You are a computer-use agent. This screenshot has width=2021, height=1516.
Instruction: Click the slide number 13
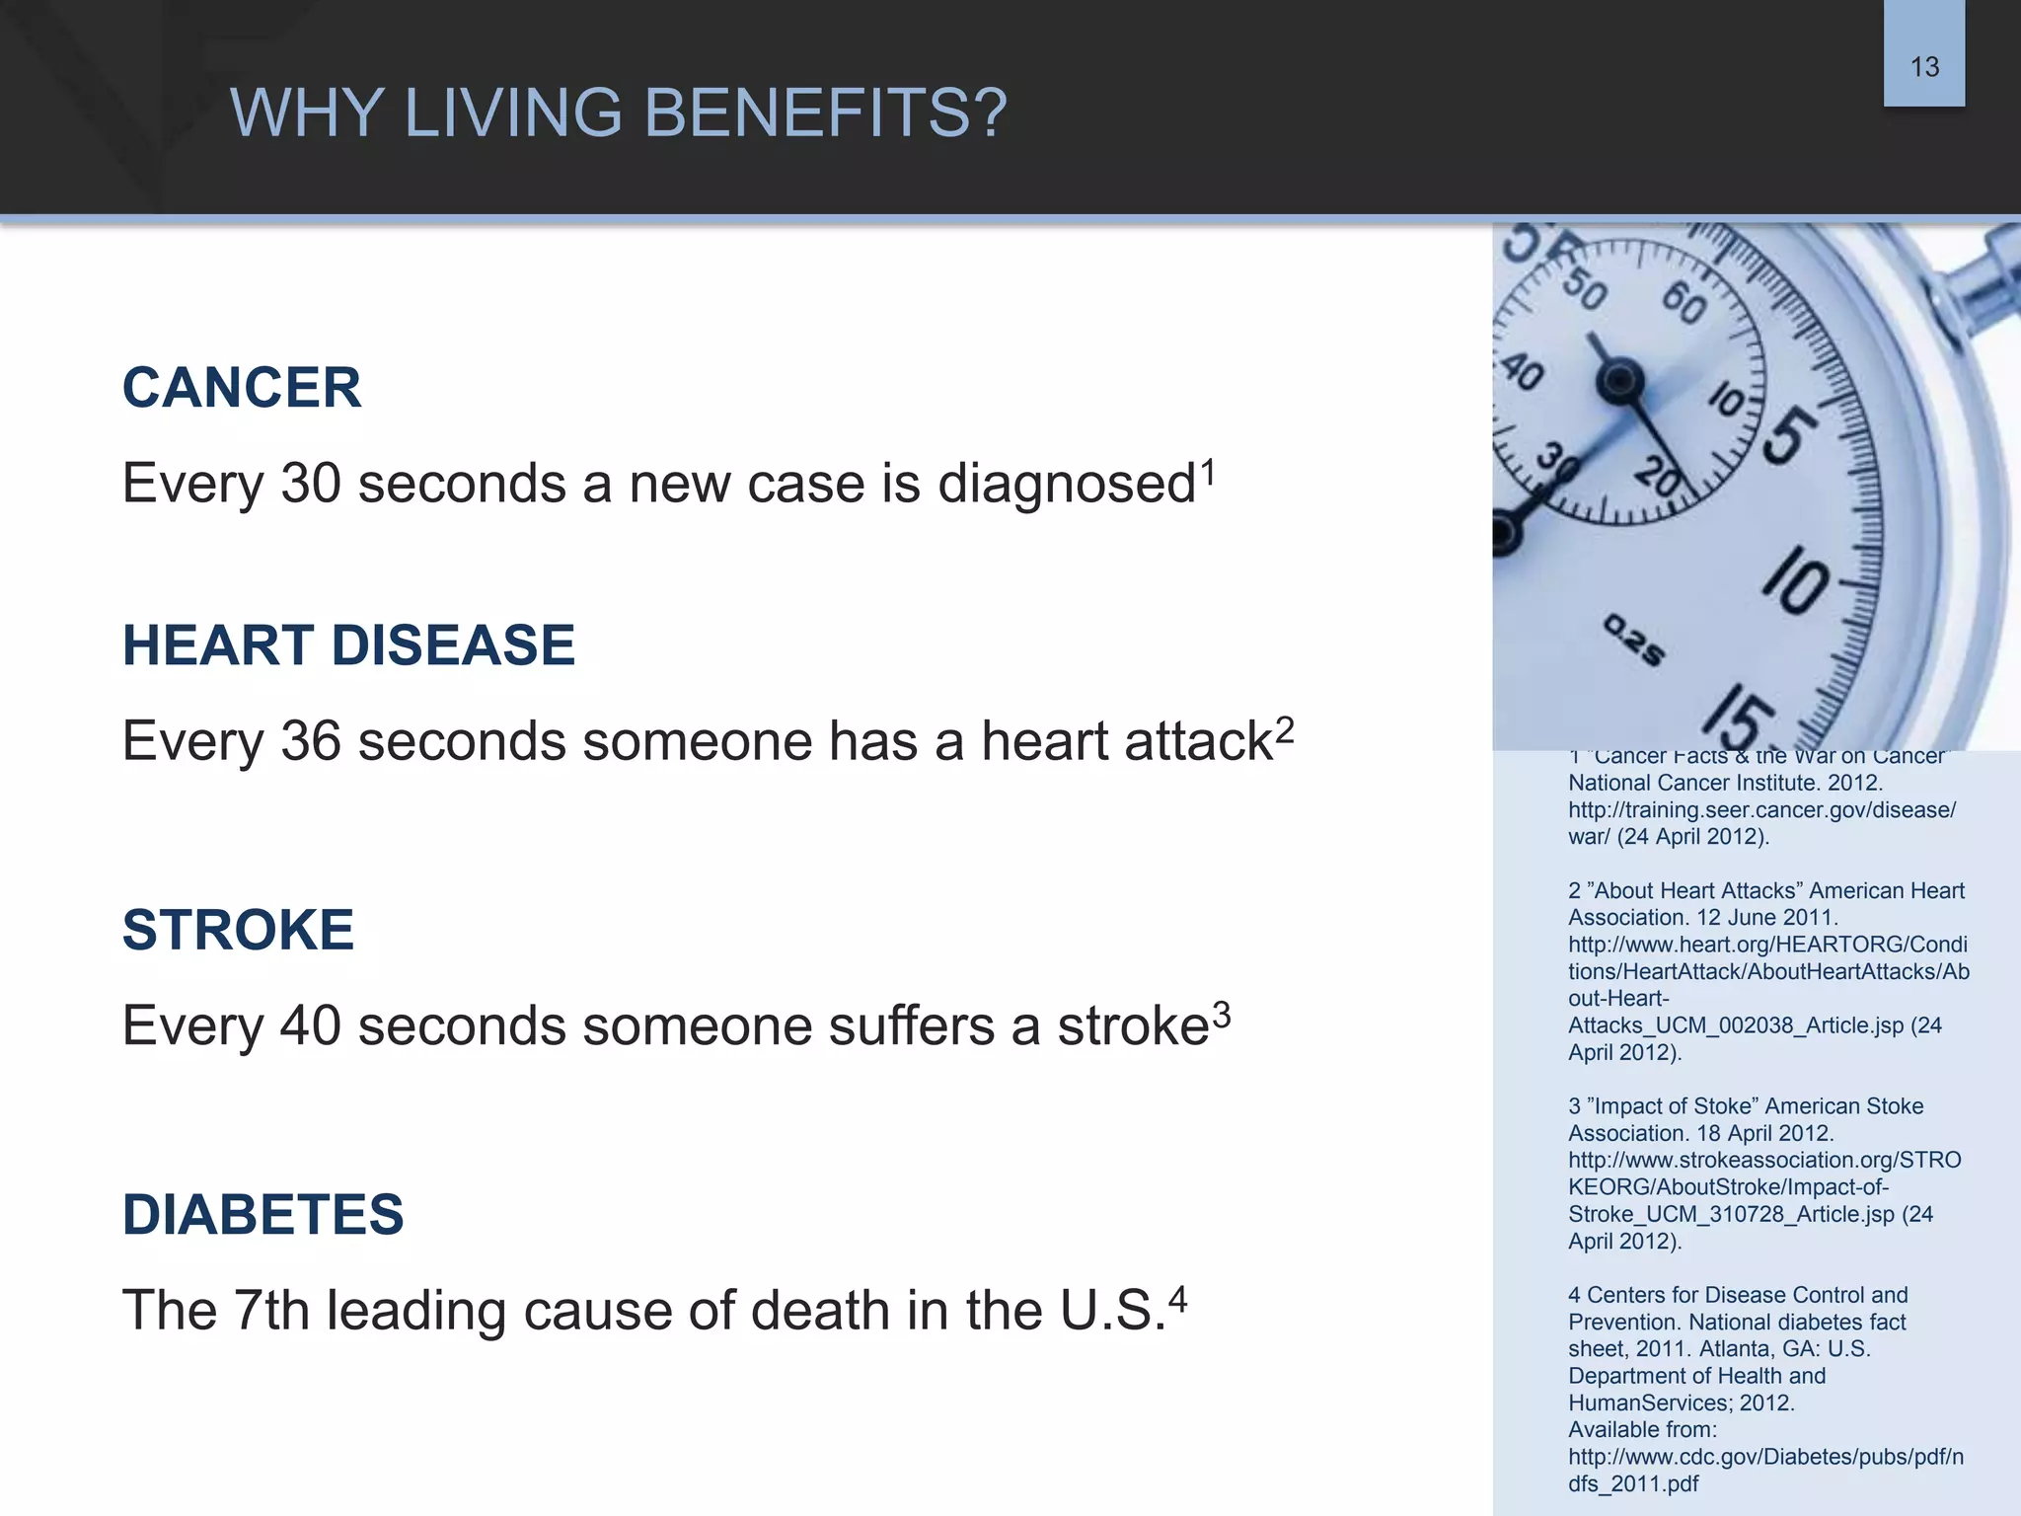[1924, 67]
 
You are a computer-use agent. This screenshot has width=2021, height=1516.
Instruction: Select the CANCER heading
[242, 387]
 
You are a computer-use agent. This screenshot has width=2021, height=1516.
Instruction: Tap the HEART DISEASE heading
[348, 645]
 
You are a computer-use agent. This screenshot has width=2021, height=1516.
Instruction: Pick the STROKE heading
[238, 930]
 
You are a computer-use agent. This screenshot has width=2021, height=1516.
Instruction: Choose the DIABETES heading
[262, 1214]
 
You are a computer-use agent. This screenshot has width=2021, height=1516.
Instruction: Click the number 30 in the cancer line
[310, 484]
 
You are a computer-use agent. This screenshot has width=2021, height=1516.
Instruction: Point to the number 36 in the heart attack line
[310, 741]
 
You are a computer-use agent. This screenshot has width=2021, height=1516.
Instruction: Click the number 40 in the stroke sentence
[310, 1025]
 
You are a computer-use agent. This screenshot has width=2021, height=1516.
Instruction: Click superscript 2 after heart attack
[1284, 730]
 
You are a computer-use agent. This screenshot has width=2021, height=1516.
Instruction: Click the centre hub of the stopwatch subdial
[1619, 381]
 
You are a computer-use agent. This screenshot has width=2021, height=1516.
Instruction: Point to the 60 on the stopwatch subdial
[1684, 303]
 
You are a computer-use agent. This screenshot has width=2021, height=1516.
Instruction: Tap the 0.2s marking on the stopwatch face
[1633, 640]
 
